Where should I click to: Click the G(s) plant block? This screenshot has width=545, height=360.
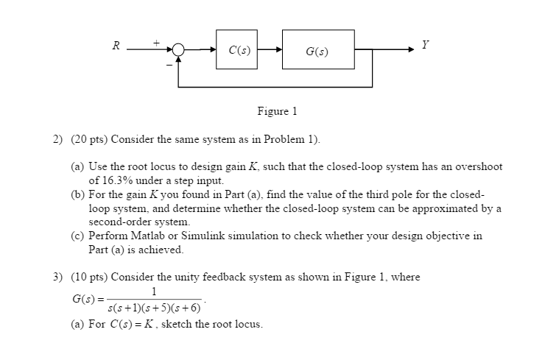click(x=317, y=50)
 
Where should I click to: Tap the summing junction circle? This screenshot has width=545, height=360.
click(x=177, y=50)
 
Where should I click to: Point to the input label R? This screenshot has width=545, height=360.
click(x=116, y=46)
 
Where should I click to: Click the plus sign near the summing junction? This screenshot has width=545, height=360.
click(x=156, y=43)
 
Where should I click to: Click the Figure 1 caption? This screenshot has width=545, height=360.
click(x=277, y=112)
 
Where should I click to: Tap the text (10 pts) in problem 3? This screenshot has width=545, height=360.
click(x=90, y=278)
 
